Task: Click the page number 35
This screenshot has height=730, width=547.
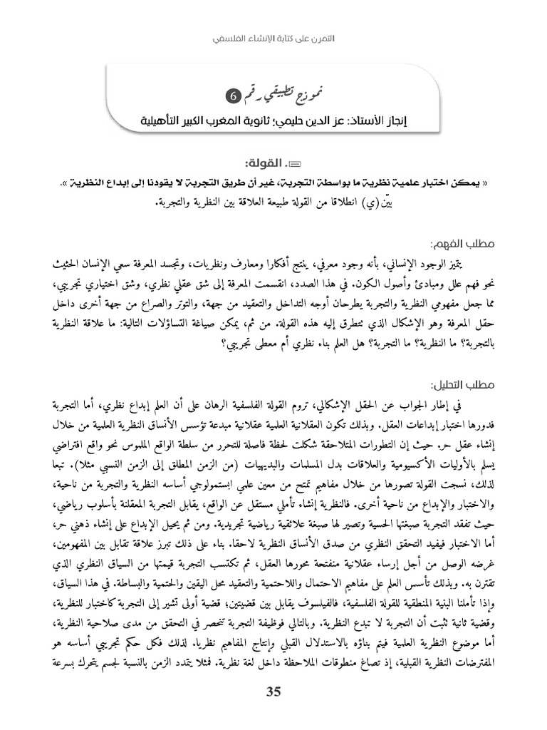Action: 273,691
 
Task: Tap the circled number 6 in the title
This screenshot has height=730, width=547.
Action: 333,95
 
